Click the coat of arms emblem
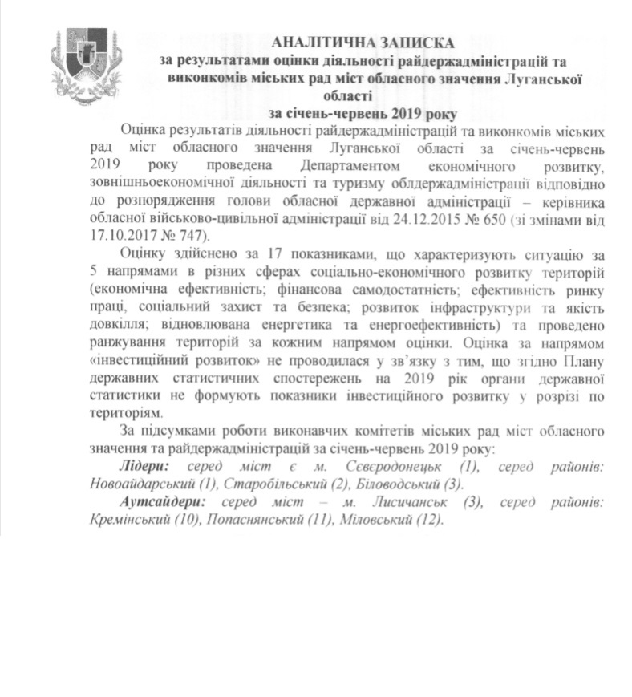(85, 61)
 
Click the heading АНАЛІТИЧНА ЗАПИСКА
(363, 41)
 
